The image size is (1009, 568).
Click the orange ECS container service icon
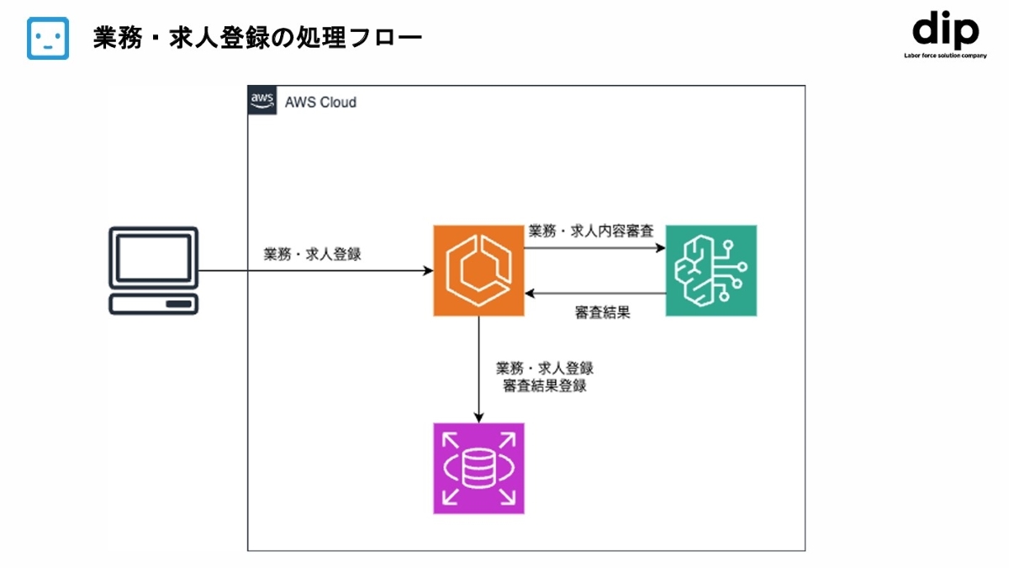(478, 270)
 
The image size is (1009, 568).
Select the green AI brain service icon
(711, 270)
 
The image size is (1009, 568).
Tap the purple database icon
(478, 468)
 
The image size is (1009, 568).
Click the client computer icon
(154, 270)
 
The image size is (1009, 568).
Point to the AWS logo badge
(262, 101)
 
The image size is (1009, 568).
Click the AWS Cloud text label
(320, 103)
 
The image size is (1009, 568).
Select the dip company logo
(945, 32)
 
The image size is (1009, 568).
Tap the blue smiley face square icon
(48, 39)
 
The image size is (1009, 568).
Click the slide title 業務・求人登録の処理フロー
(257, 39)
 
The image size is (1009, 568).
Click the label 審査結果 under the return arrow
(603, 313)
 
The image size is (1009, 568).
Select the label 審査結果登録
(545, 386)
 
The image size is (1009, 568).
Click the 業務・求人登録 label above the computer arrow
(312, 254)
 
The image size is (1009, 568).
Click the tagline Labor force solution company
(945, 56)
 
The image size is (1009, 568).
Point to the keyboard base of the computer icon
(154, 304)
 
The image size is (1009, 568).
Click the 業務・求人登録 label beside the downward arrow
(545, 369)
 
